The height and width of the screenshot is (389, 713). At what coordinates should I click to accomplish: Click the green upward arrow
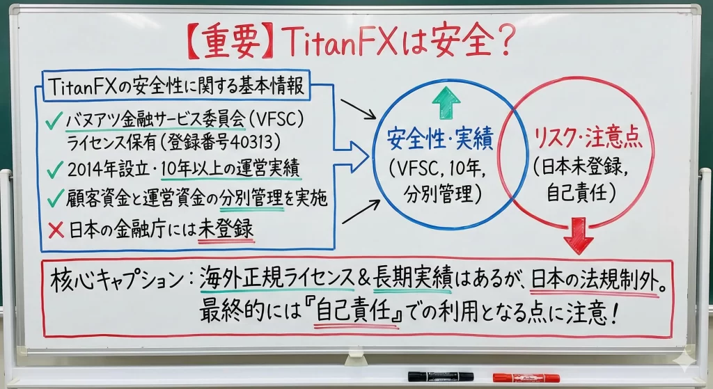(x=446, y=103)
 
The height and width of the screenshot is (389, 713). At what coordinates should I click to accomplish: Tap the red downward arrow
(x=579, y=235)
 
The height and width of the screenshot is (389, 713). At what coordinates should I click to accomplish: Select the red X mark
(x=56, y=230)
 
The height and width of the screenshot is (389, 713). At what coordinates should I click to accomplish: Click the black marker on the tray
(x=440, y=376)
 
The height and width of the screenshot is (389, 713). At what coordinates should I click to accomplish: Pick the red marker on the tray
(x=526, y=377)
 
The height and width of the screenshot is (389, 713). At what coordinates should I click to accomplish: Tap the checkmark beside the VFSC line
(x=54, y=121)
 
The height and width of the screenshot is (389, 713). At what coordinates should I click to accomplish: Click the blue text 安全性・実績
(x=440, y=138)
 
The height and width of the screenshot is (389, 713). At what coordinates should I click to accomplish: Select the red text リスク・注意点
(x=588, y=137)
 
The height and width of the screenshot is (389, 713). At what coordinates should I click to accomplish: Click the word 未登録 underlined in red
(x=226, y=229)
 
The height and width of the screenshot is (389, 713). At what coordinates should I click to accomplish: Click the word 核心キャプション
(x=117, y=278)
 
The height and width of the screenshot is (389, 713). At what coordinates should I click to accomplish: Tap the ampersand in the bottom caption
(x=364, y=278)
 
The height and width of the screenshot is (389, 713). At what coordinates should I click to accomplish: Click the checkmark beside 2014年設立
(x=54, y=170)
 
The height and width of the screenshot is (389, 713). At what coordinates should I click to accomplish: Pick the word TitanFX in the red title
(x=340, y=42)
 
